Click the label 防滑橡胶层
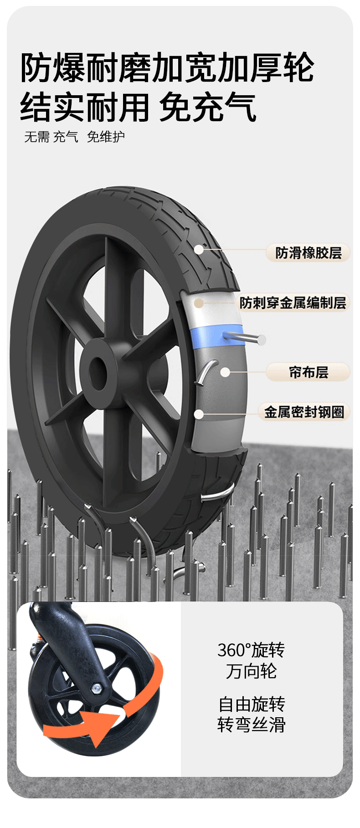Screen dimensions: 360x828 [x=309, y=253]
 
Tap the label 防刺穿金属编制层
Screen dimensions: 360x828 [x=293, y=303]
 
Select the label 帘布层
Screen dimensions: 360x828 [x=309, y=372]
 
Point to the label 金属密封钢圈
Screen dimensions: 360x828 [x=304, y=412]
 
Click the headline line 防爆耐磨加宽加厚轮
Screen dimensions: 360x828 [x=167, y=68]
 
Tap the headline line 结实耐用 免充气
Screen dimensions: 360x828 [x=138, y=108]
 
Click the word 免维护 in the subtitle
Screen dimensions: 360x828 [x=106, y=137]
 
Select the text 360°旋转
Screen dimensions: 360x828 [x=251, y=650]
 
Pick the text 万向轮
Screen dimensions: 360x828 [x=251, y=671]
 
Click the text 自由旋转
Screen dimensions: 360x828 [x=251, y=704]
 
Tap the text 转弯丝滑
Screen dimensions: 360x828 [x=251, y=725]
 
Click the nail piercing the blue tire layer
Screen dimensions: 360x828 [x=246, y=338]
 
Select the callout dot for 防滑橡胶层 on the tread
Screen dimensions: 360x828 [x=199, y=249]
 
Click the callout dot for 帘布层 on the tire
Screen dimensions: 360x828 [x=225, y=372]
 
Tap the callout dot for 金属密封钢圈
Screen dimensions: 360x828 [x=199, y=414]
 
